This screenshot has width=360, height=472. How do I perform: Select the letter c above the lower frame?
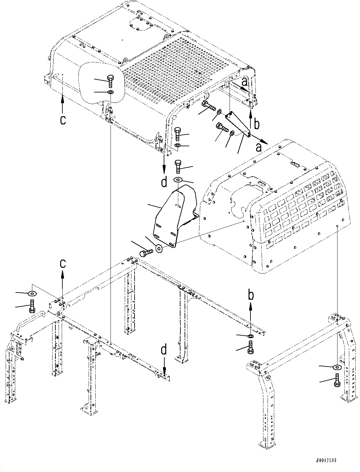[63, 263]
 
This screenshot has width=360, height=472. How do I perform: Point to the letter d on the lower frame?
[164, 351]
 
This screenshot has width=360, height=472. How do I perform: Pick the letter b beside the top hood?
[256, 124]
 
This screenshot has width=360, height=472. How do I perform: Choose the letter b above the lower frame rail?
[250, 295]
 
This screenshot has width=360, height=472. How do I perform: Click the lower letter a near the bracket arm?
[259, 148]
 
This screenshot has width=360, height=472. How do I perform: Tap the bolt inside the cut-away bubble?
[111, 81]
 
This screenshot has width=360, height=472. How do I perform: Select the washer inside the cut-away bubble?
[111, 92]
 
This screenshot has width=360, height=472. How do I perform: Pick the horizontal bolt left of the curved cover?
[146, 253]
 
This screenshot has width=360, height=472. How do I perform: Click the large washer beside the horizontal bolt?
[159, 248]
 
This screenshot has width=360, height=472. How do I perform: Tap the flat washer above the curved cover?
[178, 180]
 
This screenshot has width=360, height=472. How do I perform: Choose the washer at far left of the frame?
[32, 293]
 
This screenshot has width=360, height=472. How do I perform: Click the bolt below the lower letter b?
[250, 347]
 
